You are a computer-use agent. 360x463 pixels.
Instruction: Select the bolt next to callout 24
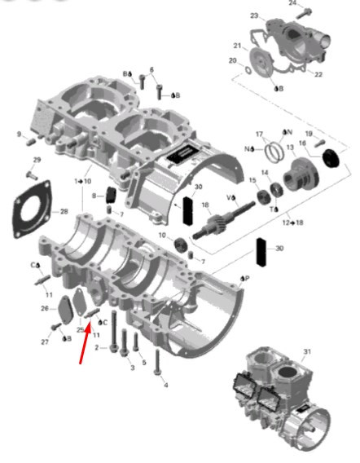[305, 12]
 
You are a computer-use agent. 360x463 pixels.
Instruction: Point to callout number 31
[307, 351]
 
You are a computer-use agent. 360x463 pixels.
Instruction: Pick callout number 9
[19, 134]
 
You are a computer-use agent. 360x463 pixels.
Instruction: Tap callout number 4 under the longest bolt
[165, 385]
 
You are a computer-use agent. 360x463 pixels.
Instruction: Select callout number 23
[253, 16]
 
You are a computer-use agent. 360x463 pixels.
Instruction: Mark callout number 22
[318, 74]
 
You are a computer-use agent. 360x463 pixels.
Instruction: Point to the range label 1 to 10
[82, 180]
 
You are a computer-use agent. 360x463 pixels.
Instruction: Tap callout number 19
[309, 134]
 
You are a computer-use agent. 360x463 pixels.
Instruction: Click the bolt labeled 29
[32, 174]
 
